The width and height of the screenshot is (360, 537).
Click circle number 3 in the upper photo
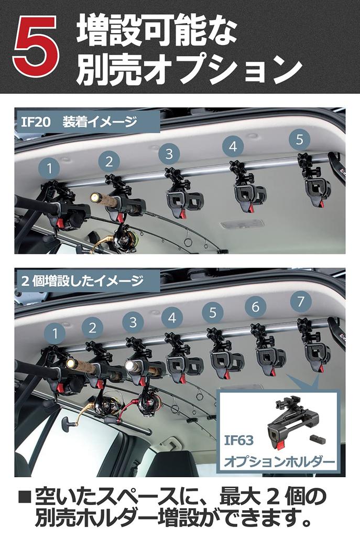[x=169, y=154]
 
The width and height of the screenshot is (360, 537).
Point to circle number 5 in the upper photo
[x=299, y=139]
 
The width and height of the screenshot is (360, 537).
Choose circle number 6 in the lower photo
[x=255, y=307]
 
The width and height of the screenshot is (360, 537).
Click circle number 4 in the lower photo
[x=172, y=317]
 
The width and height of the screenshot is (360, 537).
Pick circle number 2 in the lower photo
[x=92, y=328]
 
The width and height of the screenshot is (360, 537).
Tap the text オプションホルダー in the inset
[x=279, y=462]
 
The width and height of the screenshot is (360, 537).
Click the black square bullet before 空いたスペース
[x=25, y=496]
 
